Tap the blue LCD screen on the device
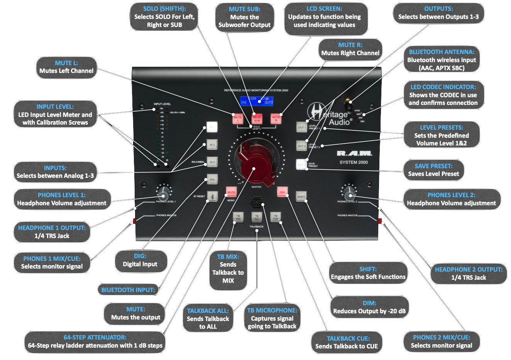[x=256, y=101]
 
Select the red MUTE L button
[x=238, y=118]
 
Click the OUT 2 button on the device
[x=301, y=145]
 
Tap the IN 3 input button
[x=212, y=162]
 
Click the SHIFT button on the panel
[x=301, y=196]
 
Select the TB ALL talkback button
[x=257, y=217]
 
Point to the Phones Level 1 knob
[x=164, y=192]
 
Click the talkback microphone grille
[x=256, y=202]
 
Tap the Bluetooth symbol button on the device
[x=212, y=196]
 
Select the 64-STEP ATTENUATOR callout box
[x=95, y=342]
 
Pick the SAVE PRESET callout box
[x=433, y=170]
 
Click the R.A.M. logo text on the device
[x=354, y=154]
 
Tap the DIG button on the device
[x=212, y=179]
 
